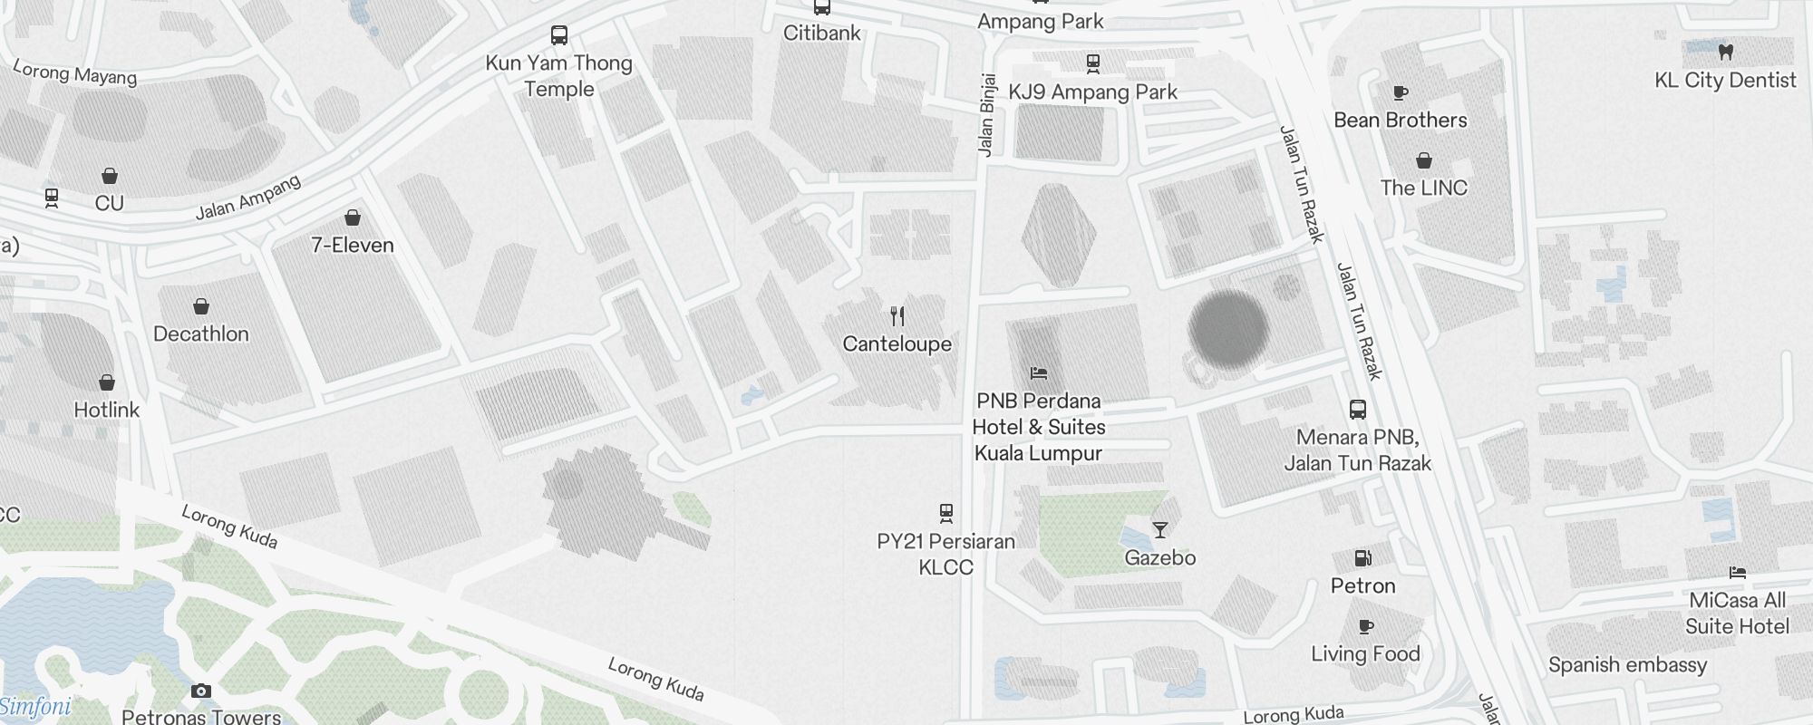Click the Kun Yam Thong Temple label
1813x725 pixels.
point(558,76)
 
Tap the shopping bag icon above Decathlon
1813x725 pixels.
point(201,307)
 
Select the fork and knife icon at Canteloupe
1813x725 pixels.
point(897,316)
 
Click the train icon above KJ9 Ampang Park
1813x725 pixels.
point(1092,63)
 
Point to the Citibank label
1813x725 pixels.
point(822,33)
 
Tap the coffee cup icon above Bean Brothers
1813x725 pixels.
point(1400,92)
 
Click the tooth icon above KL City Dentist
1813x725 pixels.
point(1725,52)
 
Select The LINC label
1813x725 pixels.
point(1423,188)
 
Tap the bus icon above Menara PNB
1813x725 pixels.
point(1357,410)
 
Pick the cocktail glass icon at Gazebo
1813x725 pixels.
point(1160,530)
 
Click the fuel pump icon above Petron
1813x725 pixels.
point(1362,558)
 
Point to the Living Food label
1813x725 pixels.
point(1365,653)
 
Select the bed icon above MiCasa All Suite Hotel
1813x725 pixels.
point(1737,573)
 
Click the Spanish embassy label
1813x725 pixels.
point(1627,665)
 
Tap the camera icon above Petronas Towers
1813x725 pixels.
point(201,691)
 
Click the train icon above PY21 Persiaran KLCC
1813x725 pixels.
point(946,514)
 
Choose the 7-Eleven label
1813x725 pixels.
point(353,245)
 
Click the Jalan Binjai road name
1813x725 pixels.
point(987,115)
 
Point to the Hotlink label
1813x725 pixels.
point(107,410)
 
